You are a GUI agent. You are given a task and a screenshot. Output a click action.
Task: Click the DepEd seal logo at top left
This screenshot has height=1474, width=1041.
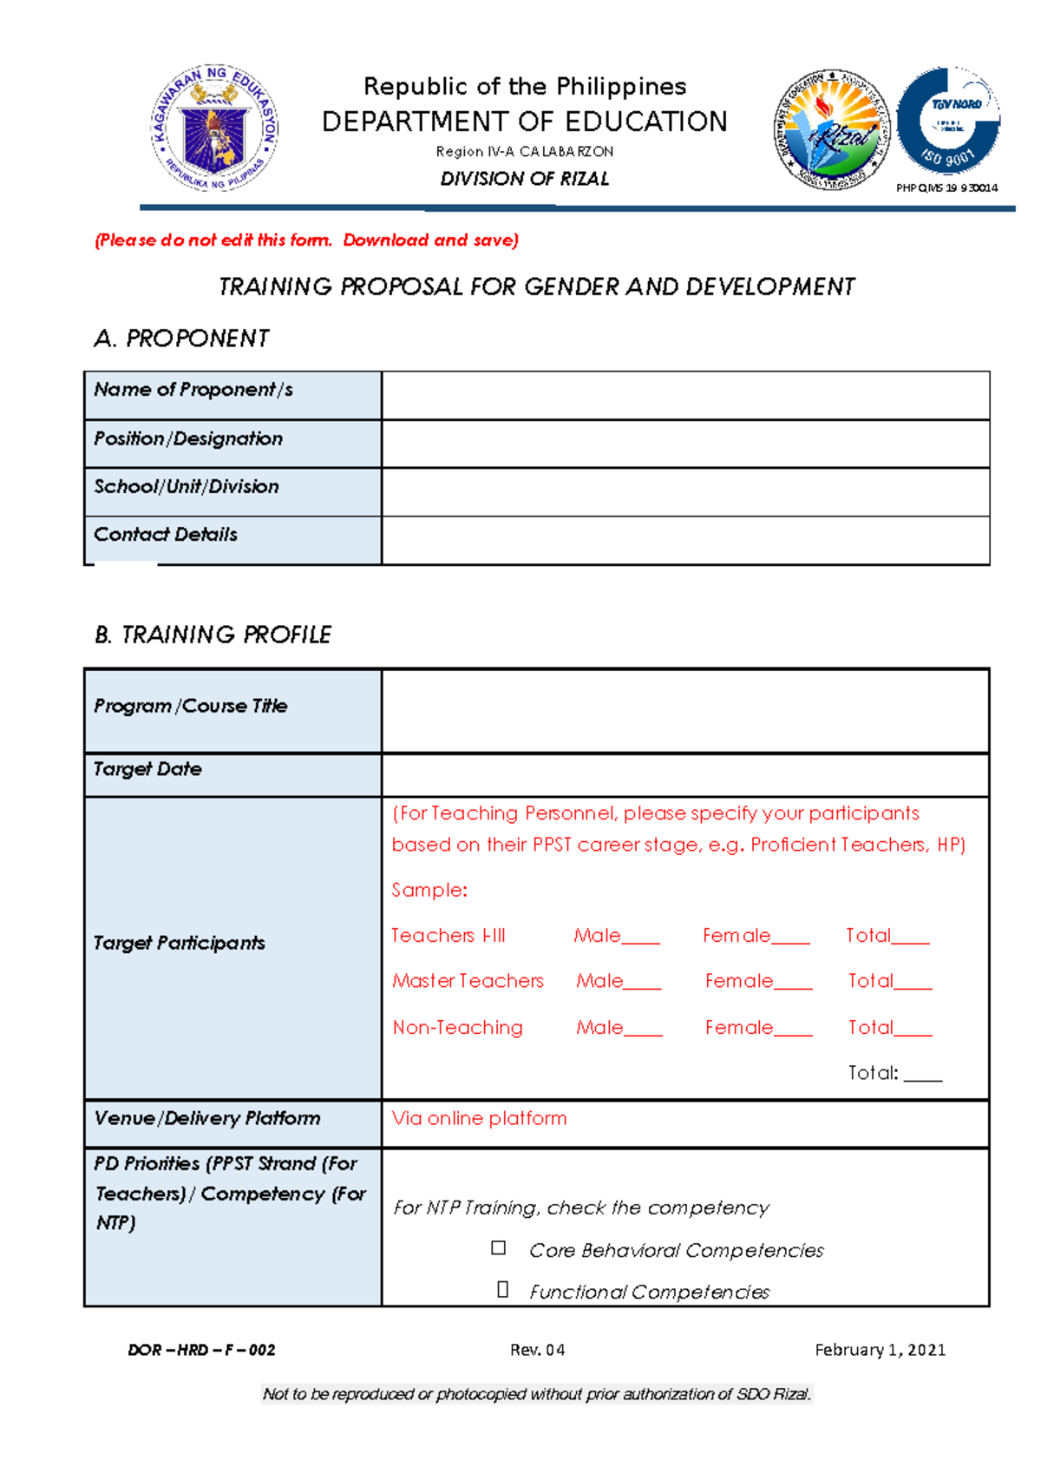pyautogui.click(x=215, y=128)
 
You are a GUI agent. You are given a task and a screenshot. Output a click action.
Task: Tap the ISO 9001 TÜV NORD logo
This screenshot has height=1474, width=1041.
pyautogui.click(x=948, y=121)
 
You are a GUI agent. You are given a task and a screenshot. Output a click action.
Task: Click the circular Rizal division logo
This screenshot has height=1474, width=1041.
pyautogui.click(x=831, y=129)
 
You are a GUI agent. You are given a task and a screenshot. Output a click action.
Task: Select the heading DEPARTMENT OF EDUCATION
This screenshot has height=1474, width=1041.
pyautogui.click(x=524, y=122)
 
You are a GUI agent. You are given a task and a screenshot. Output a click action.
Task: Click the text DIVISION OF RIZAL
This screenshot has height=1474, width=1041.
pyautogui.click(x=524, y=179)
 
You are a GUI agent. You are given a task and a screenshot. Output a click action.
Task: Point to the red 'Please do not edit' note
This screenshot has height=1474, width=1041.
pyautogui.click(x=306, y=240)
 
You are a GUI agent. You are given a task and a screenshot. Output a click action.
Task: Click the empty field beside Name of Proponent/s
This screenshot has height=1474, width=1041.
pyautogui.click(x=684, y=396)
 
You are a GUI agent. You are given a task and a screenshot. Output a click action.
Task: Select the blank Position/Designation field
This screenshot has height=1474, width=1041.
pyautogui.click(x=684, y=444)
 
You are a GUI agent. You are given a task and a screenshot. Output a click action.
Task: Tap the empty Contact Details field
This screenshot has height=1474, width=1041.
pyautogui.click(x=684, y=540)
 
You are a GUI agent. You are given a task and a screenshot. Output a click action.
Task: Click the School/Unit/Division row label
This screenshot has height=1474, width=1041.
pyautogui.click(x=187, y=487)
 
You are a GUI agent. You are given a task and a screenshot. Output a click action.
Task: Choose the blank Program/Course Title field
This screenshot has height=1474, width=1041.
pyautogui.click(x=684, y=710)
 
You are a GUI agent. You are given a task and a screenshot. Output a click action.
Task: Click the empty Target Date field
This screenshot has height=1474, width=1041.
pyautogui.click(x=684, y=774)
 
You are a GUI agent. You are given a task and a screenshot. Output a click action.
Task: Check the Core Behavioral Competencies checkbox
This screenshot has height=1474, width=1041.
pyautogui.click(x=498, y=1247)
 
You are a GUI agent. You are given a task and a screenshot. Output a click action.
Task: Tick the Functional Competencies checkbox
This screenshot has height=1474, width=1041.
pyautogui.click(x=502, y=1289)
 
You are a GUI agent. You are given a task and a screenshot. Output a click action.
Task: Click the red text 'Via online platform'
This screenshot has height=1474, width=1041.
pyautogui.click(x=479, y=1118)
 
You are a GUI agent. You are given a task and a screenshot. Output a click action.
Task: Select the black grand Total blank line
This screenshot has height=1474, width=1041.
pyautogui.click(x=922, y=1076)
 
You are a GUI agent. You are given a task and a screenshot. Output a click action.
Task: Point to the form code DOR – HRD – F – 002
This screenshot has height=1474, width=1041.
pyautogui.click(x=201, y=1350)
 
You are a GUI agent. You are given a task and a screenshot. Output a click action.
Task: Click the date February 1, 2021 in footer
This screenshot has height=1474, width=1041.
pyautogui.click(x=880, y=1349)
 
